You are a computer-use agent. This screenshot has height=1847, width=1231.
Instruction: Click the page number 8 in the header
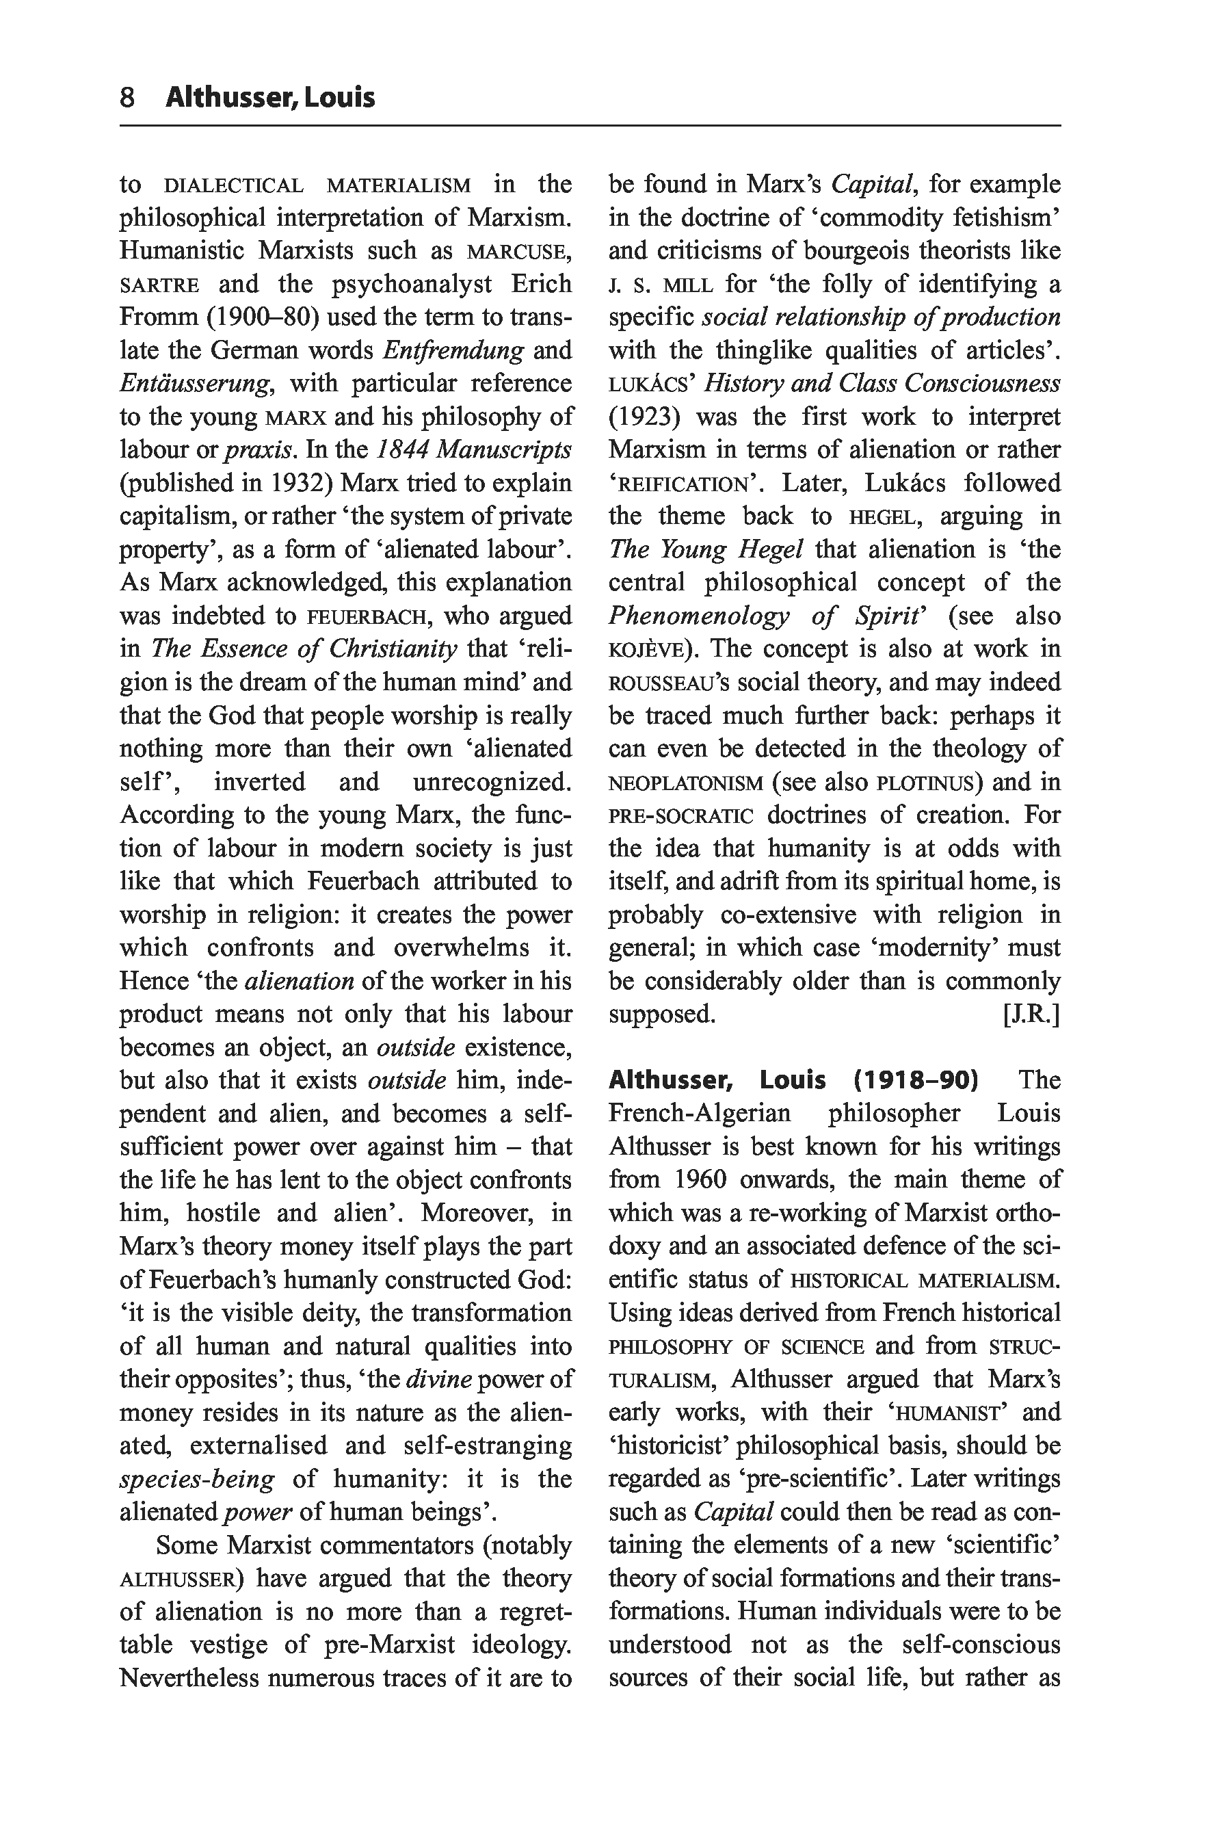(127, 97)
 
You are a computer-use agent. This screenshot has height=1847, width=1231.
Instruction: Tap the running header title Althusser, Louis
(270, 97)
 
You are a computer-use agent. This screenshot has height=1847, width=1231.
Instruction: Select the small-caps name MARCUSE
(518, 252)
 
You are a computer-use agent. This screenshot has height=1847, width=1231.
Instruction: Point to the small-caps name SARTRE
(159, 285)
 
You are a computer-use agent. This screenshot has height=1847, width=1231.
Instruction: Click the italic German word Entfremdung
(453, 350)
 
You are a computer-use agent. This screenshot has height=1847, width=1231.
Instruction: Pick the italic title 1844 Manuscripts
(474, 450)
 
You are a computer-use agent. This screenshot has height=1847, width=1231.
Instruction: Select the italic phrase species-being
(197, 1479)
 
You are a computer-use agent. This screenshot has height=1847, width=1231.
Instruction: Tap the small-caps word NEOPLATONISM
(685, 784)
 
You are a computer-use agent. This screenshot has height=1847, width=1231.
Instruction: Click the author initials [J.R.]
(1031, 1014)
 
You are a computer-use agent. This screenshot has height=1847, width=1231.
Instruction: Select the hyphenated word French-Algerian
(700, 1114)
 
